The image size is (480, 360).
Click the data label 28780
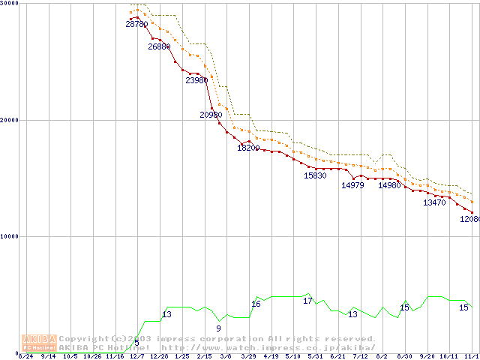136,25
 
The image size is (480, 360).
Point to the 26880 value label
159,46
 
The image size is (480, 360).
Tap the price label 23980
196,80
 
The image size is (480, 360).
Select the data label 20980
211,115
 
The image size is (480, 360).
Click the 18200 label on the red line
248,148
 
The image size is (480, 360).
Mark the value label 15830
315,175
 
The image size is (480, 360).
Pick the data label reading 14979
352,185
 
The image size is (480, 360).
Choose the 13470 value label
434,202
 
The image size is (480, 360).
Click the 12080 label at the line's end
470,220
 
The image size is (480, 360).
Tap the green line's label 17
307,301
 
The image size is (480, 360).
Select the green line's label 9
218,328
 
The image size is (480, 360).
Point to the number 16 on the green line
256,304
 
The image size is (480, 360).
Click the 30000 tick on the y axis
10,4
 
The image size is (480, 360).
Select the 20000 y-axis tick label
10,120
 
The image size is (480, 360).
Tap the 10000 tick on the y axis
10,236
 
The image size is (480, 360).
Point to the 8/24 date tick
25,355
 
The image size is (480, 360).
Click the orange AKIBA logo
39,343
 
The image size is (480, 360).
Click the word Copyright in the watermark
83,338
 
